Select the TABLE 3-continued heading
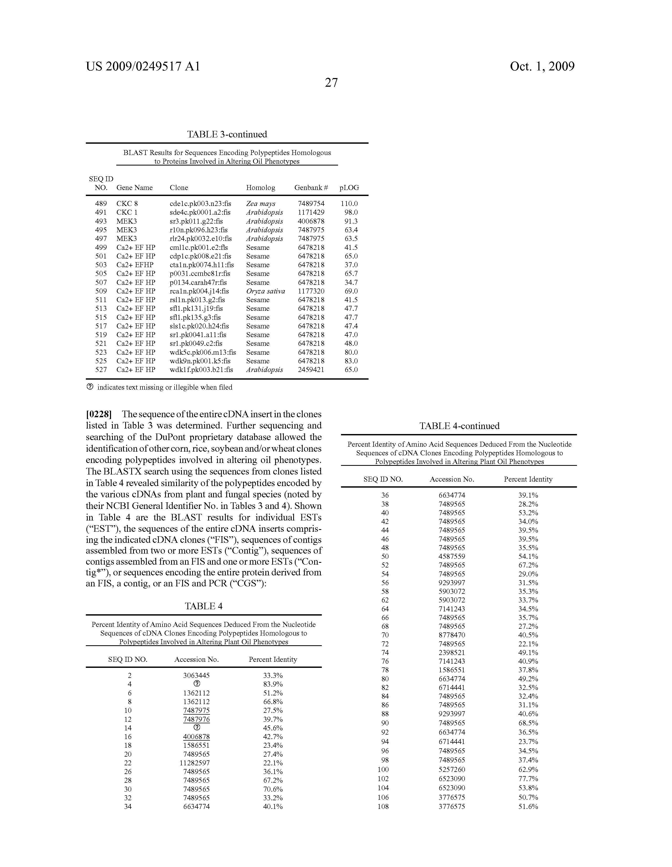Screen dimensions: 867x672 (227, 134)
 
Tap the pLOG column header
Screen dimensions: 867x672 (349, 188)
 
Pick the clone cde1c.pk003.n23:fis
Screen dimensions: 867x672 (200, 204)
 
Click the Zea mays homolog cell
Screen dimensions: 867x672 (261, 204)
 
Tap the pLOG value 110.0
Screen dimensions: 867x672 (349, 204)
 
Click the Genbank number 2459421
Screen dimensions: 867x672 (311, 370)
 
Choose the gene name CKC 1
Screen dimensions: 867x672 (127, 212)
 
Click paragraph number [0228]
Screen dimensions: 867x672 (99, 414)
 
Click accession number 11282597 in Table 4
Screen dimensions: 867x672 (196, 763)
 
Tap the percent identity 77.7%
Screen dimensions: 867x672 (528, 779)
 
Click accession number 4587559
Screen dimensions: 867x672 (452, 556)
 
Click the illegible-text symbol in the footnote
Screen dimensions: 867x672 (90, 387)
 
